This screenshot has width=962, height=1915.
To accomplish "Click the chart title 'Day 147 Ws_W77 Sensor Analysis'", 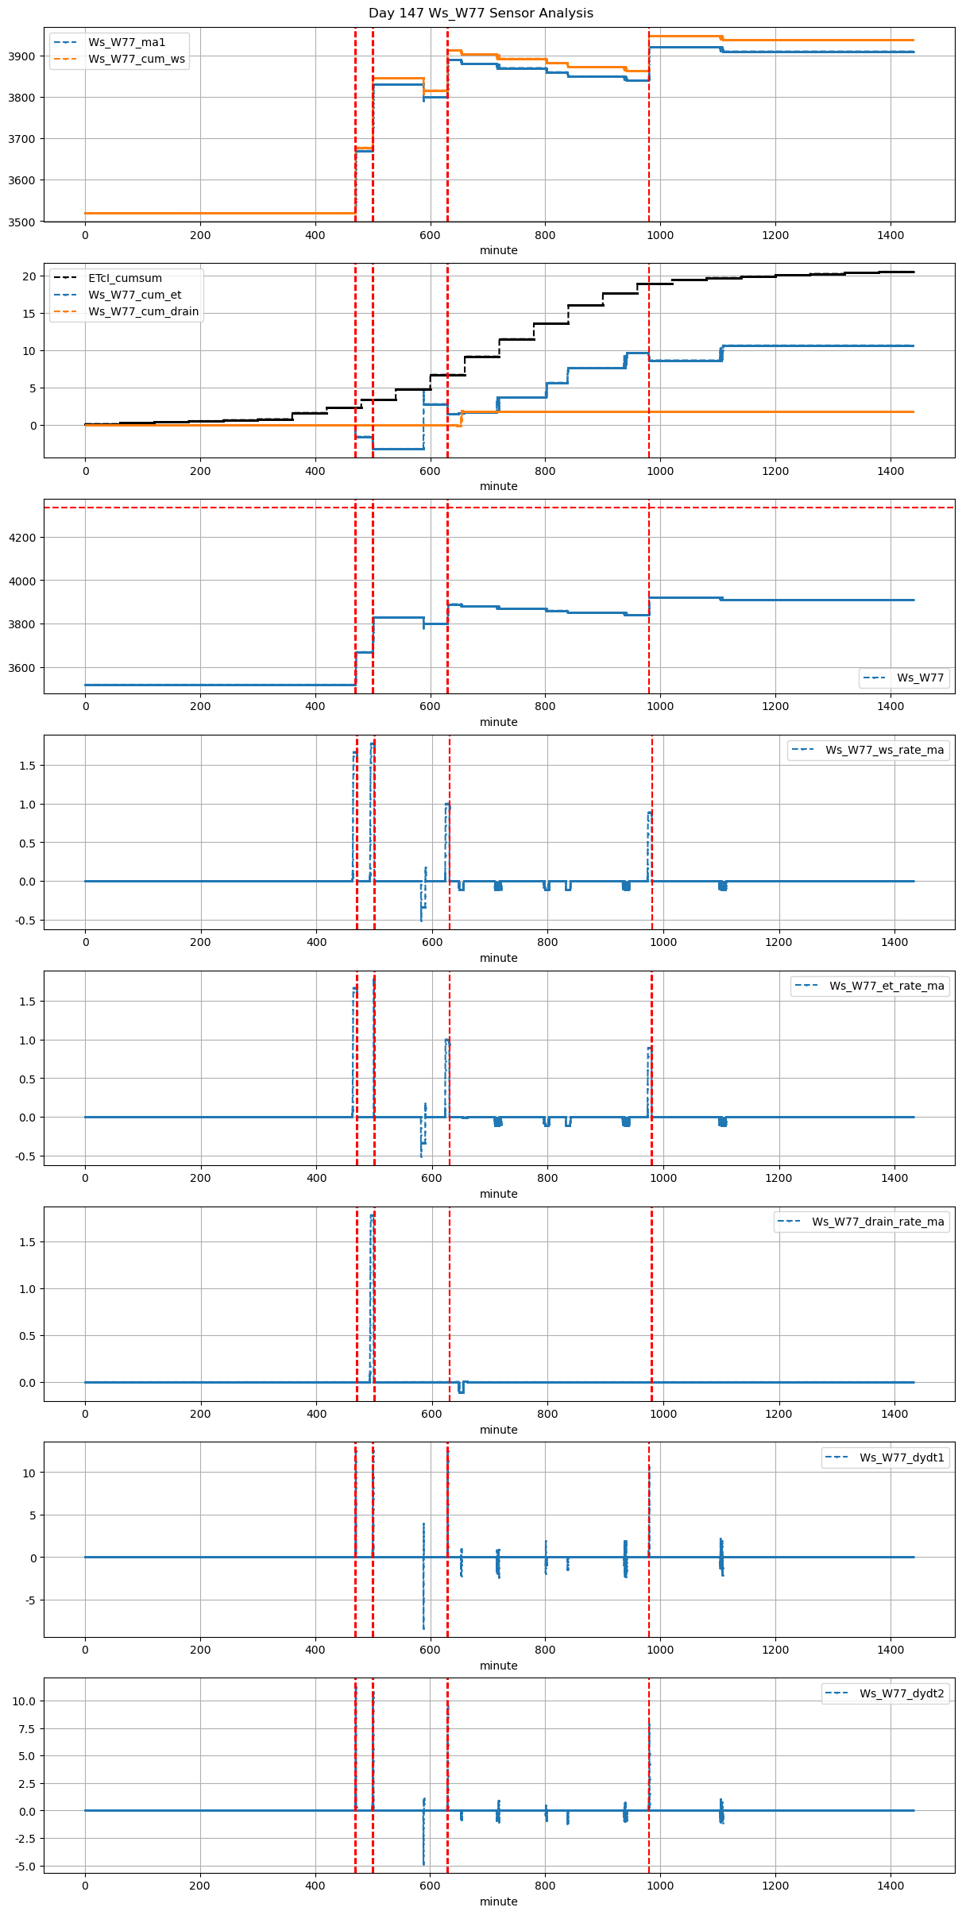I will (x=481, y=14).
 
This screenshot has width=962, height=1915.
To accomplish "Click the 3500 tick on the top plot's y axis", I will (x=23, y=222).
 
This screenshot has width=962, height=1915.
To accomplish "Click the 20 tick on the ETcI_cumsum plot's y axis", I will (x=30, y=276).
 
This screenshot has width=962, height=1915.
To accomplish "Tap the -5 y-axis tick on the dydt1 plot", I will (x=29, y=1600).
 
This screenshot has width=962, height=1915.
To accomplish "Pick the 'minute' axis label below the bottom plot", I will (x=498, y=1901).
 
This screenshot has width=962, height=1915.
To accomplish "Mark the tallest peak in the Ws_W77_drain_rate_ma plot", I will (x=372, y=1216).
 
